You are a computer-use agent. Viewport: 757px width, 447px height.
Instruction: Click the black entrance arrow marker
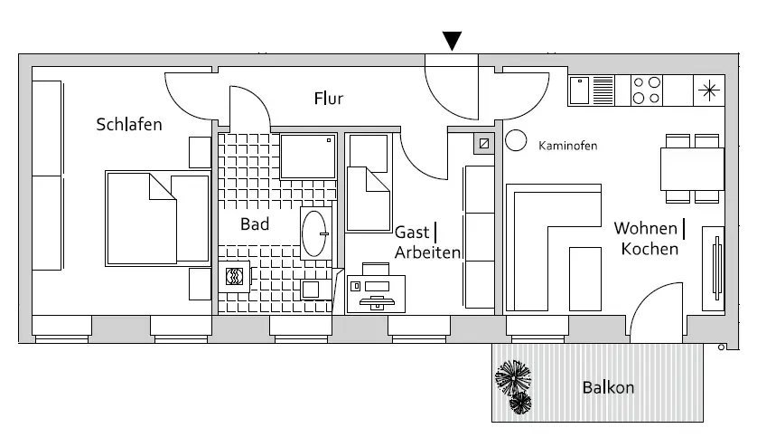(x=453, y=41)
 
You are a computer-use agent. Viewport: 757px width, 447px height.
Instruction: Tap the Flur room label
(x=329, y=99)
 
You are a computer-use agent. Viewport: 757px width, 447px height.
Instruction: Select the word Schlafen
(x=129, y=124)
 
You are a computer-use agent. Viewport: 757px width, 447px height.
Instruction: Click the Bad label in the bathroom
(x=255, y=223)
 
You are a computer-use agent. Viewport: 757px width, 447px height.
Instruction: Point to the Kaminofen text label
(x=567, y=146)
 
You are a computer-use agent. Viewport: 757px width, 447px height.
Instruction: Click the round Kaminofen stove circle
(x=517, y=140)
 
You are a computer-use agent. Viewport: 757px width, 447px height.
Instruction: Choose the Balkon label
(x=608, y=388)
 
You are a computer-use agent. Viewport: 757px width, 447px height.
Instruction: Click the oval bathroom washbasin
(x=314, y=233)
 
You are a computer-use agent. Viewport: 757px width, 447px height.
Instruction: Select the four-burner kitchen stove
(x=646, y=90)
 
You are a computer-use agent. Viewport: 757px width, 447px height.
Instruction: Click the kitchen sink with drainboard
(x=592, y=90)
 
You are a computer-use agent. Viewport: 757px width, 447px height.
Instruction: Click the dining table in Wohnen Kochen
(x=693, y=168)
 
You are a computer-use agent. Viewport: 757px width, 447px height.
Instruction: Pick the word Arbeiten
(x=428, y=253)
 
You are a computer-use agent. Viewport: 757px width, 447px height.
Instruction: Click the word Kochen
(x=650, y=249)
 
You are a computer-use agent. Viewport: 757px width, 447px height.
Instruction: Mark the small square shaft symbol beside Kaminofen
(x=485, y=143)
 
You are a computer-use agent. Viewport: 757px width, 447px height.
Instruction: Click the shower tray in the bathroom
(x=307, y=156)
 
